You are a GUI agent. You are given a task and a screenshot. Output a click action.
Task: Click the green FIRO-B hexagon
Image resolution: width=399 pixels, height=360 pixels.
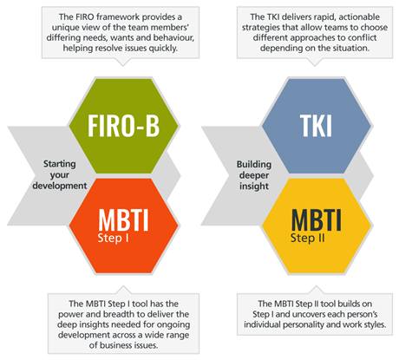point(124,126)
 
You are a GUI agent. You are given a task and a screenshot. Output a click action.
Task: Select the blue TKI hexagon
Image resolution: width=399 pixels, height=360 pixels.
point(317,126)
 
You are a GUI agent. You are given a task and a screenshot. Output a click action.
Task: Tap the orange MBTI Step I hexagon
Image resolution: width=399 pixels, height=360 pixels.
point(124,226)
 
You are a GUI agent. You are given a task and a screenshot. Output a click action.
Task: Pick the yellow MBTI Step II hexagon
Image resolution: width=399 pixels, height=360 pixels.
point(317,226)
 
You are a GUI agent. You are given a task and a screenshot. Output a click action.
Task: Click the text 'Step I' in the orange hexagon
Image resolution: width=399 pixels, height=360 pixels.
point(113,239)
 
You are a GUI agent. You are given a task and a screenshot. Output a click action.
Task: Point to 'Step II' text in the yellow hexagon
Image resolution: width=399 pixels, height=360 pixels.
point(308,238)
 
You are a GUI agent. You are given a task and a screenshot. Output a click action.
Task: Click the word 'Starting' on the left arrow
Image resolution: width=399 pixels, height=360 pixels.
point(60,164)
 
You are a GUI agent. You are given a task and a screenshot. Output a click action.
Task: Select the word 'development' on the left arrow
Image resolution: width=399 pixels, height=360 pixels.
point(60,186)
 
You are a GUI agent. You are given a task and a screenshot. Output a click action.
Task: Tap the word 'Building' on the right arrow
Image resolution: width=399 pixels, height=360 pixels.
point(254,164)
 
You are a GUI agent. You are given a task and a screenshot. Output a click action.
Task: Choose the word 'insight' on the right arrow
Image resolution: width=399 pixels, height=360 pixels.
point(254,186)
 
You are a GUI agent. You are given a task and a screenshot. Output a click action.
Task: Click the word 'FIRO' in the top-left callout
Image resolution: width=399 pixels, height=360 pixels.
point(83,16)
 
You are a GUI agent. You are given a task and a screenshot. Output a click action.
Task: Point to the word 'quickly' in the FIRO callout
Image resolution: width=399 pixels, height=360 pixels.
point(163,48)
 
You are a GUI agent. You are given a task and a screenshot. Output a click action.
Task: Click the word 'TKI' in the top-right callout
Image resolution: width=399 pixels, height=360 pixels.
point(272,16)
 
